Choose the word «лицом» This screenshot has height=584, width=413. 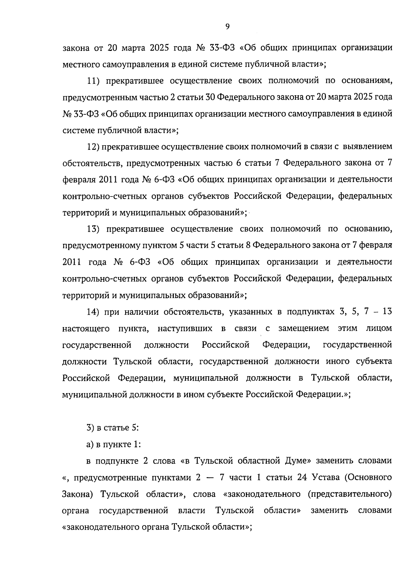(x=379, y=328)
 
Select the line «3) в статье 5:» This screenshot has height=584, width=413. (x=112, y=428)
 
